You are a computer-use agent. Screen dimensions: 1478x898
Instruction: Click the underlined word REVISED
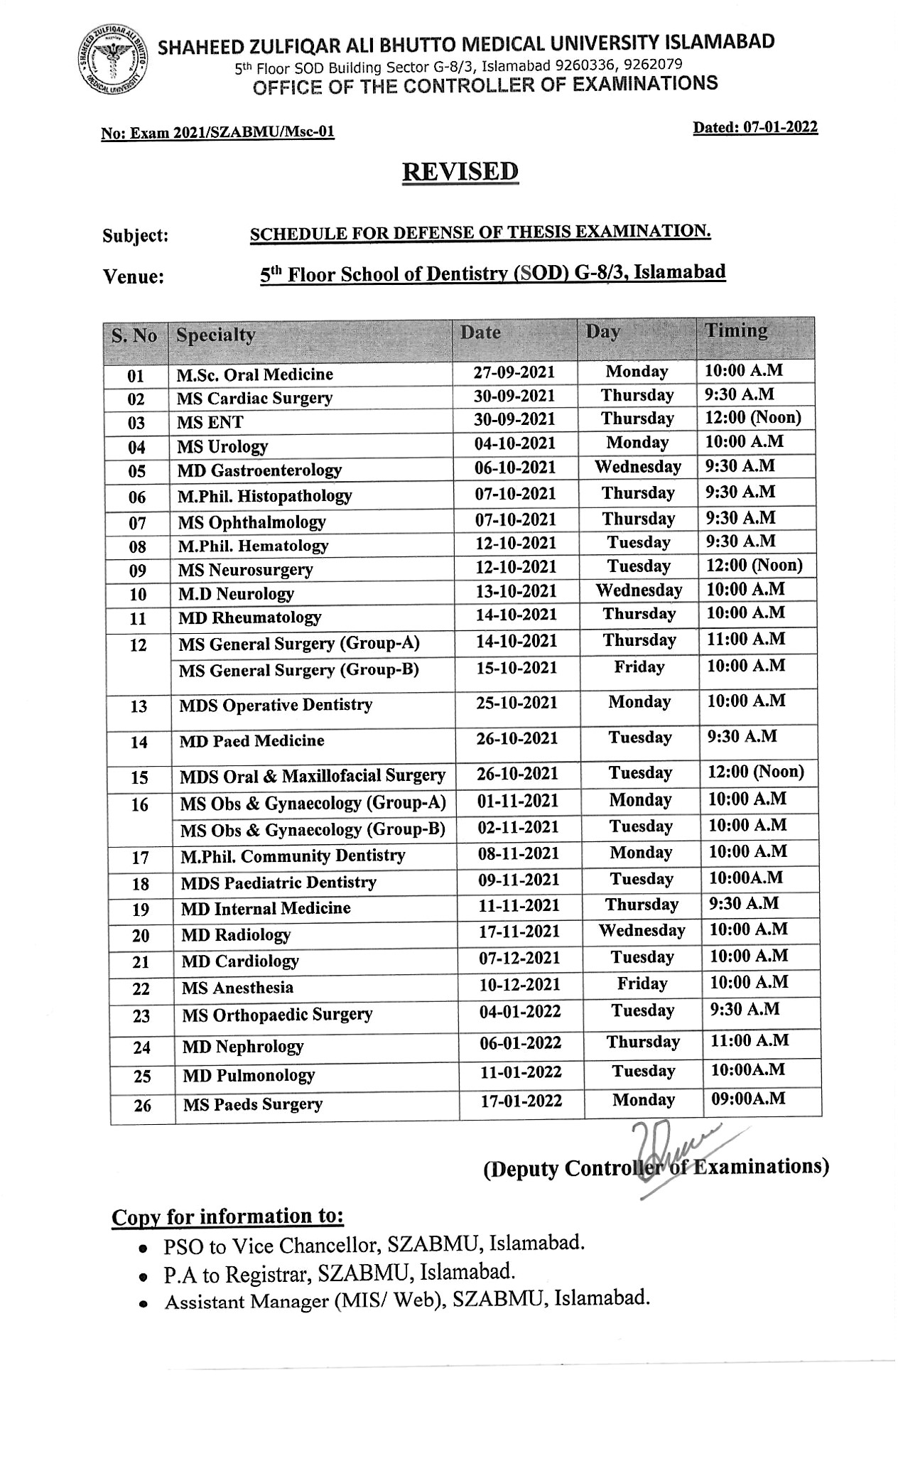click(x=460, y=173)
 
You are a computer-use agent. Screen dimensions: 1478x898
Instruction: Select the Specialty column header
click(x=215, y=335)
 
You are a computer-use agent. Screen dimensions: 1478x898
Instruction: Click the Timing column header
click(x=736, y=331)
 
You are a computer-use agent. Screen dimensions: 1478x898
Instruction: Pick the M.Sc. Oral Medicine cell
click(x=254, y=374)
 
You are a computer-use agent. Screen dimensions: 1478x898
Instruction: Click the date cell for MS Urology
click(x=514, y=443)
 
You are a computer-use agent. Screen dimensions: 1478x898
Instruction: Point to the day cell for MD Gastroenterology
click(x=637, y=467)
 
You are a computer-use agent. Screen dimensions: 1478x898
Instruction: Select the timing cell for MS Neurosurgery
click(x=753, y=566)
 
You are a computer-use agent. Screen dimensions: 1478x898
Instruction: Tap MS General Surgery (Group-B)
click(x=298, y=670)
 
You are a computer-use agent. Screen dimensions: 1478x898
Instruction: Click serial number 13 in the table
click(x=139, y=706)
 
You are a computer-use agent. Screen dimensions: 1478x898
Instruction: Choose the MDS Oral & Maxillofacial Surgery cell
click(x=313, y=776)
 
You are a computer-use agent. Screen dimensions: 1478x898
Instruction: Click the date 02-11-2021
click(x=519, y=827)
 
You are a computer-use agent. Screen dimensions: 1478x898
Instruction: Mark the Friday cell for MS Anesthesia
click(x=642, y=984)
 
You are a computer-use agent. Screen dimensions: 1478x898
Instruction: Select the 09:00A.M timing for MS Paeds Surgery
click(x=748, y=1099)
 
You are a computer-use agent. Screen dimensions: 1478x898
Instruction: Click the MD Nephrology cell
click(x=242, y=1047)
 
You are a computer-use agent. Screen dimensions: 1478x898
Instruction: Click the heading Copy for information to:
click(x=227, y=1217)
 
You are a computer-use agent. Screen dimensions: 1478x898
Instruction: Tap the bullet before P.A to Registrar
click(x=143, y=1277)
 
